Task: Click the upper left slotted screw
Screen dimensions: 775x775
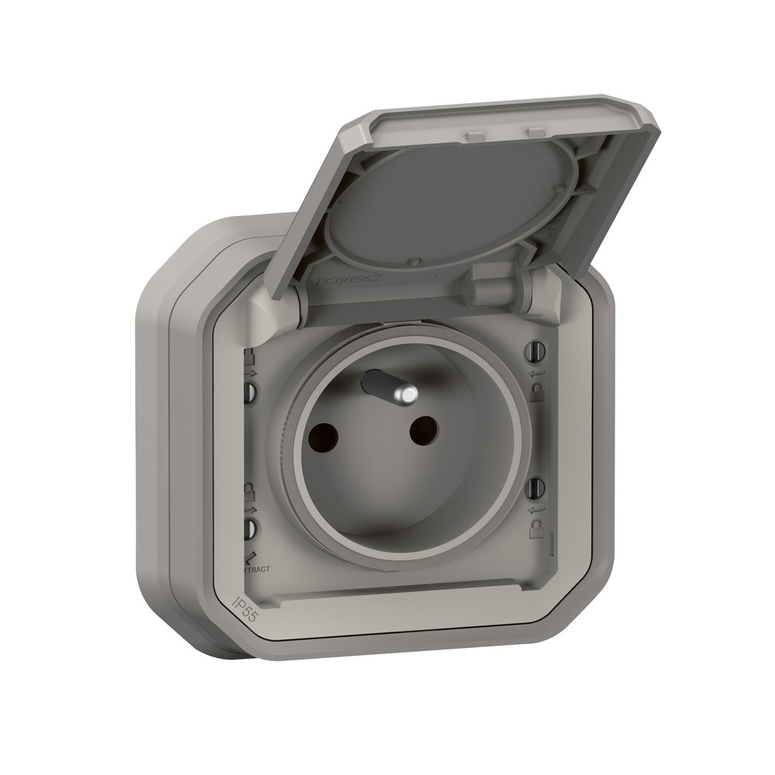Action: [x=250, y=391]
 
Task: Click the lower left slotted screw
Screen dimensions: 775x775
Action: [x=250, y=529]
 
